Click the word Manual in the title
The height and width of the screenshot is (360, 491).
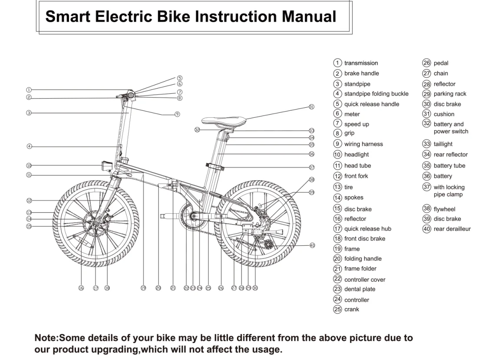coord(309,17)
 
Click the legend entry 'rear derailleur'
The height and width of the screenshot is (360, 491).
coord(452,229)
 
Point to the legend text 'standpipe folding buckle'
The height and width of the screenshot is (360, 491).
coord(376,93)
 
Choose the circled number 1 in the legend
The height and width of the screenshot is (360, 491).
coord(338,63)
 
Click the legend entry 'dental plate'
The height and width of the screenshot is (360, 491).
coord(359,289)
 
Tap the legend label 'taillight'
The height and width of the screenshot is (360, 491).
coord(443,144)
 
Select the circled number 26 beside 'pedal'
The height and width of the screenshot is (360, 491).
coord(427,63)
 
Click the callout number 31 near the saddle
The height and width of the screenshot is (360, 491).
coord(311,106)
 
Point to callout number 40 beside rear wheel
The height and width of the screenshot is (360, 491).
coord(312,245)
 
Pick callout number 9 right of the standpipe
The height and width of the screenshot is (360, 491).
coord(177,114)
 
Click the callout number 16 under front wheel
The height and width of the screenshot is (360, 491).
coord(81,288)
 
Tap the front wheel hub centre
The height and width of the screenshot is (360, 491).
coord(96,224)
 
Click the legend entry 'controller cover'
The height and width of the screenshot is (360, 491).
coord(365,280)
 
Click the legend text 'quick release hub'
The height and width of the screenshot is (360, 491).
coord(367,229)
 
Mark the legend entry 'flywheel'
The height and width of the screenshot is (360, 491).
coord(444,209)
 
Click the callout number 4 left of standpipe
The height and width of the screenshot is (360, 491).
coord(29,146)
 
